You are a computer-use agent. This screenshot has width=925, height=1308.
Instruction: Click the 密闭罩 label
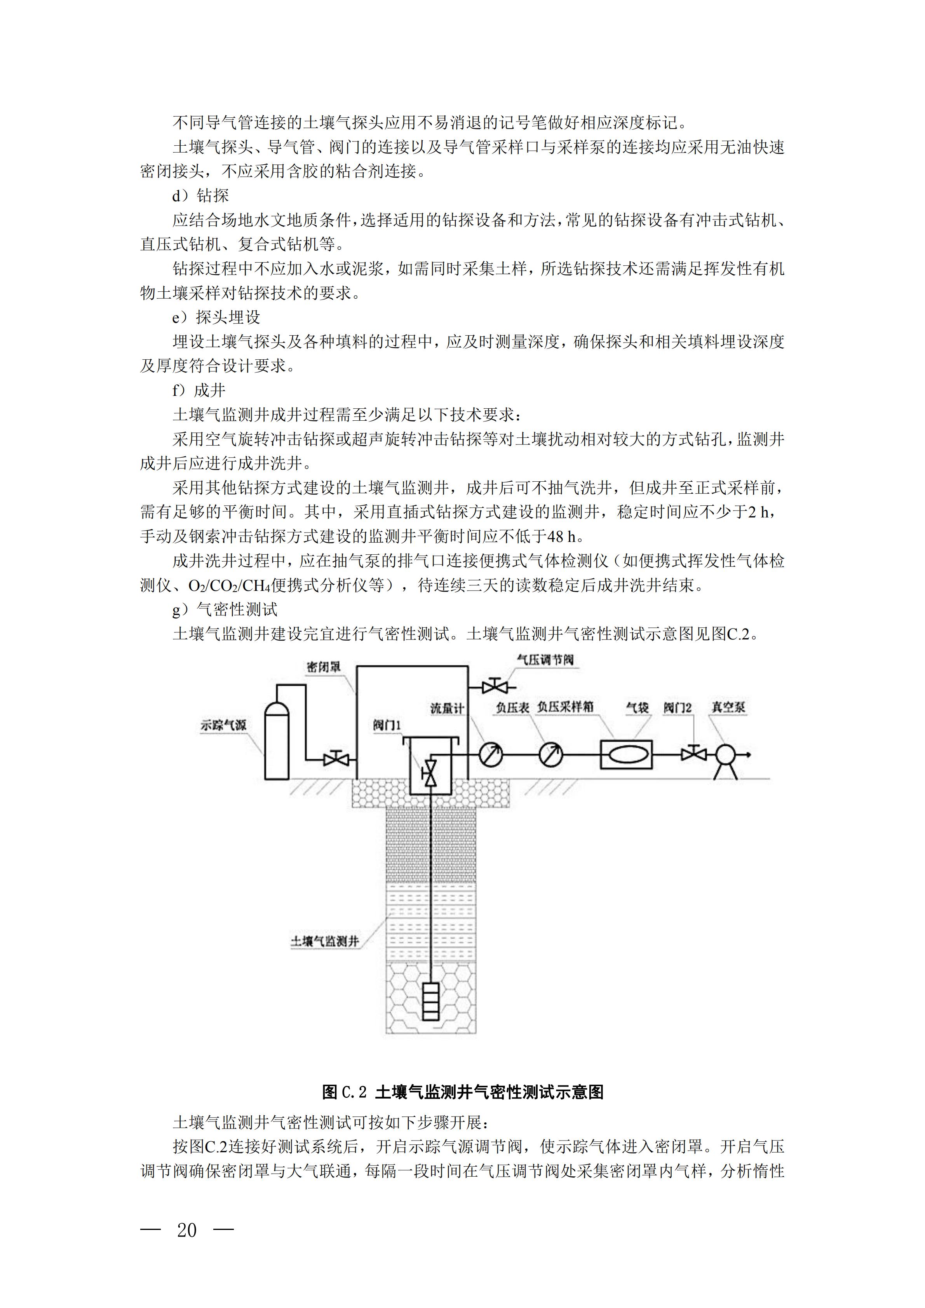point(324,667)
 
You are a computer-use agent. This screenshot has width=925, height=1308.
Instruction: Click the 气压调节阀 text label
point(545,660)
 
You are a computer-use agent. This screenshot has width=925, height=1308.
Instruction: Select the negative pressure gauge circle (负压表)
point(551,756)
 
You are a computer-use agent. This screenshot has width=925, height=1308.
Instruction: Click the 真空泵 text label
point(728,707)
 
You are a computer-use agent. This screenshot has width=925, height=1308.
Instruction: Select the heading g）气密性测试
point(225,610)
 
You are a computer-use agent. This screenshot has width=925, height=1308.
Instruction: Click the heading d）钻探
point(200,196)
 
